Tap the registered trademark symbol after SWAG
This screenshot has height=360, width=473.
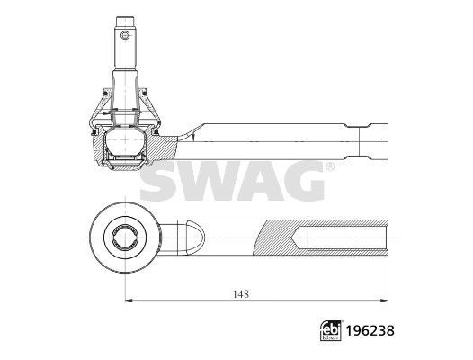coord(329,167)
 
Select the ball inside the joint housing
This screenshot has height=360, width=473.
coord(123,143)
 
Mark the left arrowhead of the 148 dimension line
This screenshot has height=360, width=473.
coord(127,301)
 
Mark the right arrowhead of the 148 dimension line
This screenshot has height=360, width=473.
coord(389,301)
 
